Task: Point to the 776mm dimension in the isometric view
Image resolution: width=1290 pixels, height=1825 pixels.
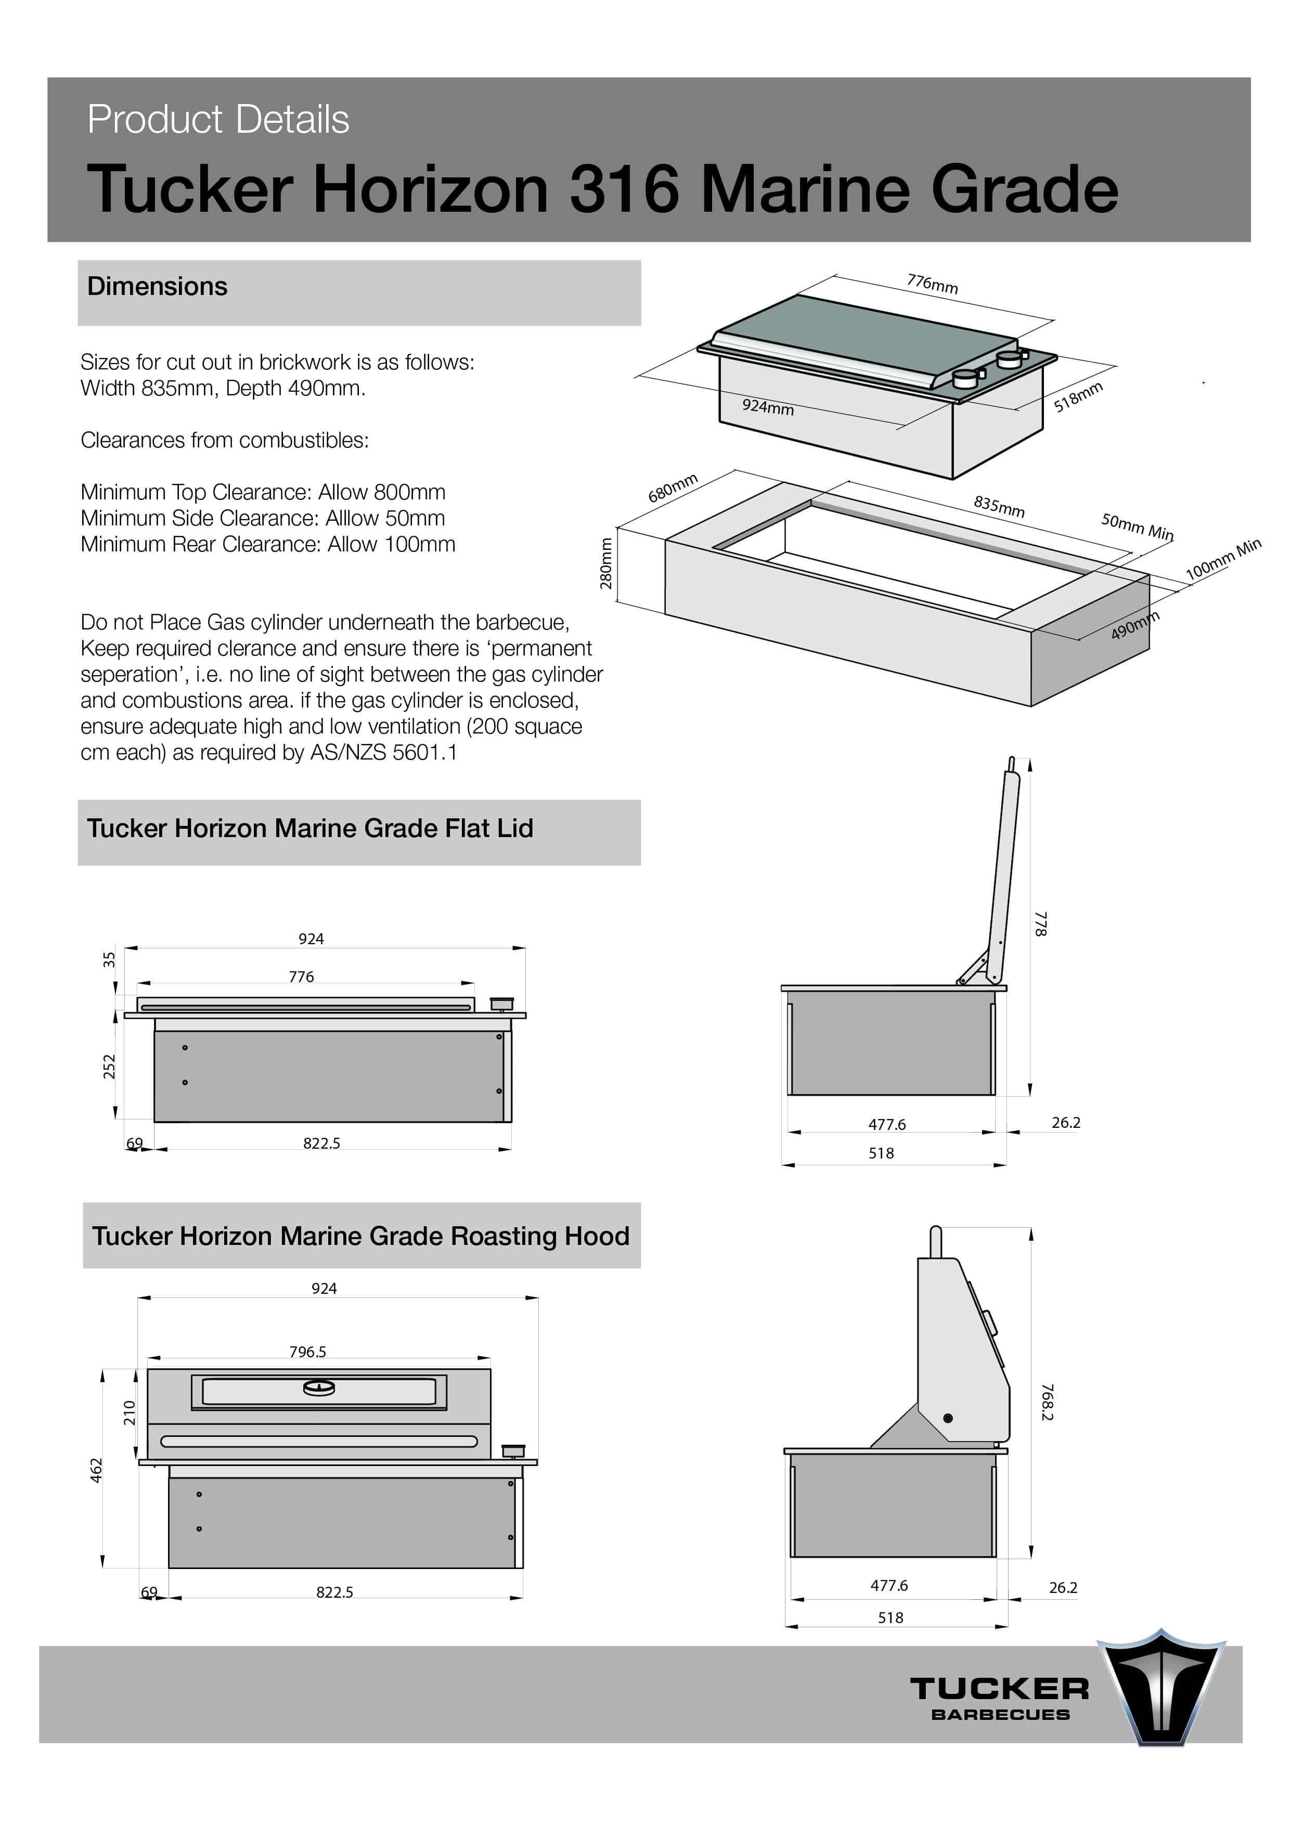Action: tap(932, 284)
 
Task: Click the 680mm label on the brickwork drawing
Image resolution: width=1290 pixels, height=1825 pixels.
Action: tap(673, 488)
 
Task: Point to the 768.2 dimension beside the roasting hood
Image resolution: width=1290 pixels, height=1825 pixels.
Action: tap(1047, 1402)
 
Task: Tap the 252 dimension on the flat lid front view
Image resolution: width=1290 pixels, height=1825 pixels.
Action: tap(109, 1066)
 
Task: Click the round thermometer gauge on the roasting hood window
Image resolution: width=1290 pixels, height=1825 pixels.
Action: tap(319, 1389)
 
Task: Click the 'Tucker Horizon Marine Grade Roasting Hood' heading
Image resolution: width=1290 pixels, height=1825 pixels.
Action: tap(360, 1237)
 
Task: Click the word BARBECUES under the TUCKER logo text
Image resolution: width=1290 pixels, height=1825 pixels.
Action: tap(1000, 1715)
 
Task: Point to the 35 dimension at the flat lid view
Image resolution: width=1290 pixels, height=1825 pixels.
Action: tap(109, 959)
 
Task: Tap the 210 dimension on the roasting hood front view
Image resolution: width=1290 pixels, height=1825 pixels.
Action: tap(129, 1412)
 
